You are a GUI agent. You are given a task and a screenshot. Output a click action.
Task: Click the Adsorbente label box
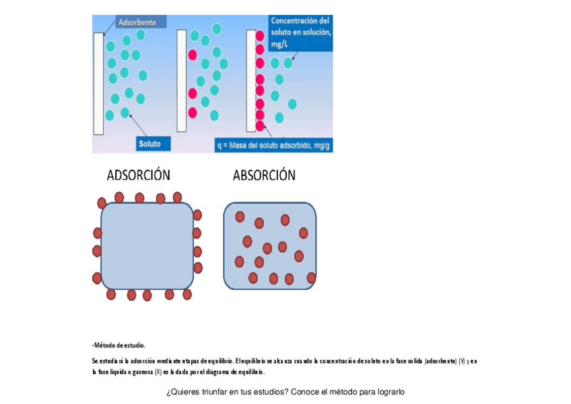(137, 22)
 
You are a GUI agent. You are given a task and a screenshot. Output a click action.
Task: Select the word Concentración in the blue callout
(300, 21)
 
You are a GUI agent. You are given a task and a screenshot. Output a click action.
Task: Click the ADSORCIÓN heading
(138, 175)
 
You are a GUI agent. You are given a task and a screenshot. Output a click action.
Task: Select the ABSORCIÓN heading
(264, 175)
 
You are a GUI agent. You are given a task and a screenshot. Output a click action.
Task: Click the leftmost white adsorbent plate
(99, 82)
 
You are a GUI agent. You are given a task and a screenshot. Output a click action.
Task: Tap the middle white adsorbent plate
(181, 80)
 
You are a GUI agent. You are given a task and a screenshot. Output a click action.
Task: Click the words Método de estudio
(119, 345)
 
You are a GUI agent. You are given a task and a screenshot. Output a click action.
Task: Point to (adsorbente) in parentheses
(440, 362)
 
